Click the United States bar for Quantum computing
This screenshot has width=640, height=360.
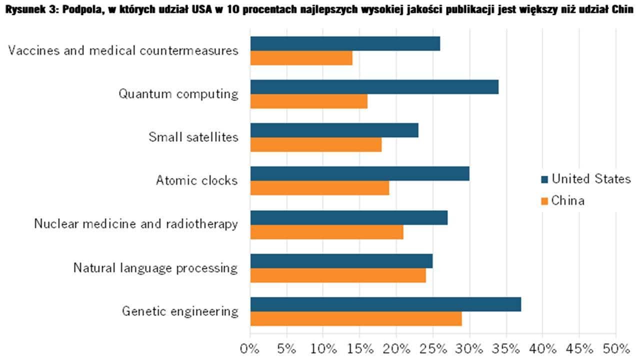[374, 87]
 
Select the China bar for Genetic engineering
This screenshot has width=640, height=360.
[356, 318]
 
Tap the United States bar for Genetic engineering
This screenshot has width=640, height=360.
[385, 304]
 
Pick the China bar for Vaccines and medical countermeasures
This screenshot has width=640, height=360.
[301, 58]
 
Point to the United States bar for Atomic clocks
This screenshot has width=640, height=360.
[359, 173]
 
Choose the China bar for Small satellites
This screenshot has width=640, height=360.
[316, 144]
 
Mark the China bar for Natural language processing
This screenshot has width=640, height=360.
[338, 275]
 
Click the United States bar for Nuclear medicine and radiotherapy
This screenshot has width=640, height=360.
[348, 217]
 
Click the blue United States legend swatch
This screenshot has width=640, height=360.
[544, 179]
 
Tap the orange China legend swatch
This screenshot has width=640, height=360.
[544, 201]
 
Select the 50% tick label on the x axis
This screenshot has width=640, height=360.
[615, 348]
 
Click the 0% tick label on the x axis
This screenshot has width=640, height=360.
[249, 348]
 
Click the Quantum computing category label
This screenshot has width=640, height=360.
[178, 94]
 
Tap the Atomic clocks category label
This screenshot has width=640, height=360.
[196, 180]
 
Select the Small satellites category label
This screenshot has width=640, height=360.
[193, 137]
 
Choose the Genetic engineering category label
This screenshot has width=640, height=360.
[180, 311]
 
